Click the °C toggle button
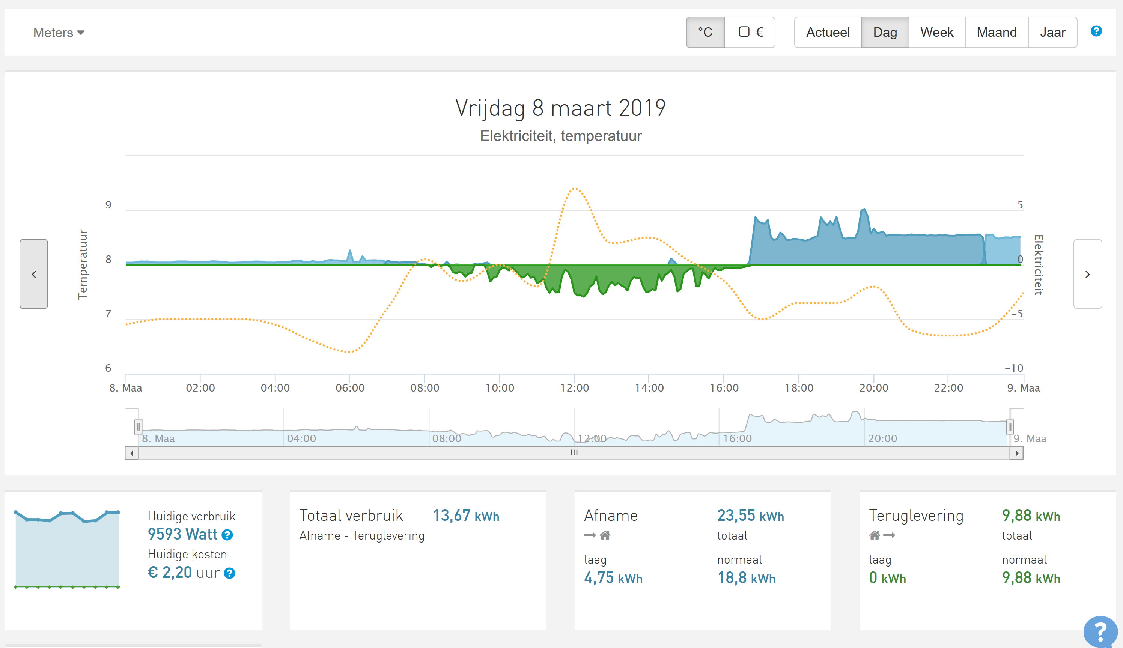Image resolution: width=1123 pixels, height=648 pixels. point(705,32)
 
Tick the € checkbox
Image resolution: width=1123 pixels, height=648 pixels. point(744,31)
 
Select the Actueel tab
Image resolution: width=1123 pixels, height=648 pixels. point(828,32)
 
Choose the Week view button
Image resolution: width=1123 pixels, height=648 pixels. point(936,32)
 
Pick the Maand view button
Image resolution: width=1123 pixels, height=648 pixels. point(996,32)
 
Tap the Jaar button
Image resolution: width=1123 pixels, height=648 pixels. point(1052,32)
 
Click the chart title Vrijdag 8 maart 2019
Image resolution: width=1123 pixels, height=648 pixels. point(560,108)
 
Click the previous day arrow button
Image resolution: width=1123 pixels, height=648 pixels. point(34,274)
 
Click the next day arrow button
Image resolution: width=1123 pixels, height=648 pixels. point(1087,274)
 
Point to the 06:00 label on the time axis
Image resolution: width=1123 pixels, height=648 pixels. point(350,388)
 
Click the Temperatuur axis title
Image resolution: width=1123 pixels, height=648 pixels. point(83,264)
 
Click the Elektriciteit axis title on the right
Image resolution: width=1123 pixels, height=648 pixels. point(1039,264)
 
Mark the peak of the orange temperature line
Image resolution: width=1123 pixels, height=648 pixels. point(575,189)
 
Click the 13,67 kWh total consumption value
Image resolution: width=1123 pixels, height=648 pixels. point(466,515)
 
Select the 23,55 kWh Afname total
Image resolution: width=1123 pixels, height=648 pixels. point(750,515)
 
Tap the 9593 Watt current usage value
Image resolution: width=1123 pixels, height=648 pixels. point(183,534)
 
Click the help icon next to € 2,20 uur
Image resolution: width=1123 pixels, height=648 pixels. point(229,573)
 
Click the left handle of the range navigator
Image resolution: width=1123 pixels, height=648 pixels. point(138,427)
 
